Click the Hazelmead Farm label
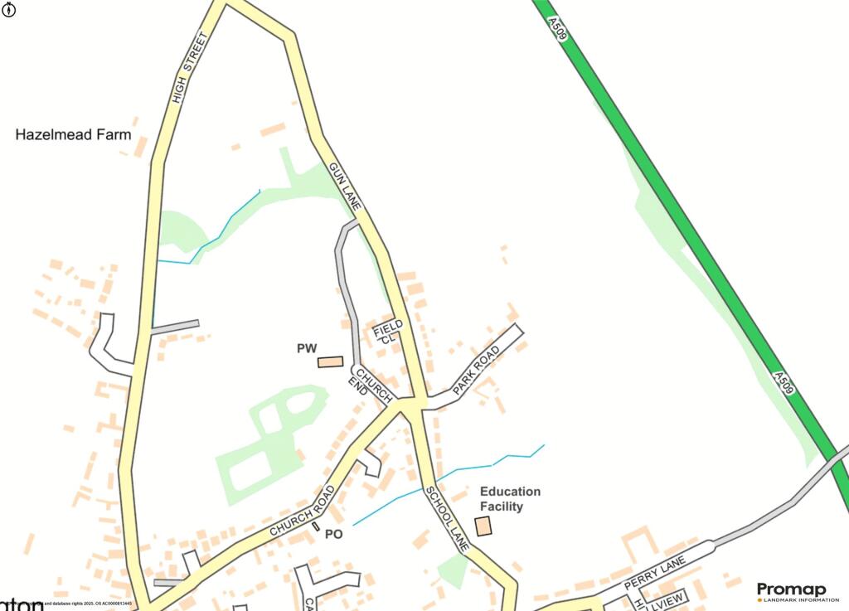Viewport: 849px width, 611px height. (x=73, y=134)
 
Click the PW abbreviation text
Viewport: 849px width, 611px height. (x=308, y=349)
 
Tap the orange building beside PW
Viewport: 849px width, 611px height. (x=331, y=362)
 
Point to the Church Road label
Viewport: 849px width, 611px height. (x=302, y=511)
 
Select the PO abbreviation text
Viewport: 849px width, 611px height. (x=333, y=535)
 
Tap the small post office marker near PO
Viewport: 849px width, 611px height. (x=316, y=526)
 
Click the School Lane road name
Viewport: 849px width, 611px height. (x=448, y=520)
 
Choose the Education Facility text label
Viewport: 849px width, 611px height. (x=510, y=498)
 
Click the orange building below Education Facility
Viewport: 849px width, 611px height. (x=483, y=526)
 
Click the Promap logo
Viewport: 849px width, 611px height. (x=791, y=589)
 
